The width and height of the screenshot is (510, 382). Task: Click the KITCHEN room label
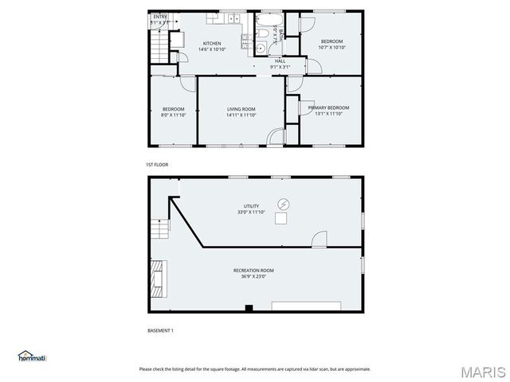pyautogui.click(x=212, y=44)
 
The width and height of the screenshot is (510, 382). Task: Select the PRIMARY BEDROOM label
pyautogui.click(x=328, y=107)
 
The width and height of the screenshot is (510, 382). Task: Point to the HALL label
pyautogui.click(x=280, y=60)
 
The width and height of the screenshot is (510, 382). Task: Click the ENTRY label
pyautogui.click(x=160, y=17)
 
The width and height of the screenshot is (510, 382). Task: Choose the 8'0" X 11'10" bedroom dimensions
pyautogui.click(x=174, y=115)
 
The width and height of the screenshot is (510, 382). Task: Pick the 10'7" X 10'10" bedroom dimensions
pyautogui.click(x=331, y=48)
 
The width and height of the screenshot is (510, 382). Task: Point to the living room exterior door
pyautogui.click(x=276, y=138)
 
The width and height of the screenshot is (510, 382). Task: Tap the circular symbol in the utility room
pyautogui.click(x=283, y=204)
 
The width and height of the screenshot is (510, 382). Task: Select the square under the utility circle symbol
pyautogui.click(x=281, y=217)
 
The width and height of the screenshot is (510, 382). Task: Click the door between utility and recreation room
pyautogui.click(x=319, y=239)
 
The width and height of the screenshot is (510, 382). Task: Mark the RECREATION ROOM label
pyautogui.click(x=254, y=271)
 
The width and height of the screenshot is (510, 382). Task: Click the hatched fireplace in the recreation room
pyautogui.click(x=156, y=276)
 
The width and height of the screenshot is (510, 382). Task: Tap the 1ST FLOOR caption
pyautogui.click(x=157, y=165)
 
